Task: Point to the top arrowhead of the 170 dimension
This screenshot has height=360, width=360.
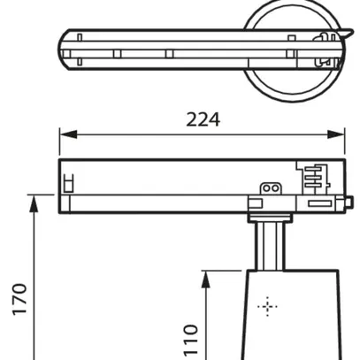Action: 34,201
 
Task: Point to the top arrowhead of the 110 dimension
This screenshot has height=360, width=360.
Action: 205,276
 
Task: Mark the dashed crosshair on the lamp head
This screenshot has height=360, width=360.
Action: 266,307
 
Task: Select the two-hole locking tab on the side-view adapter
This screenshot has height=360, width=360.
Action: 270,188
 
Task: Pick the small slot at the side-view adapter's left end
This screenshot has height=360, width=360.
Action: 66,184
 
